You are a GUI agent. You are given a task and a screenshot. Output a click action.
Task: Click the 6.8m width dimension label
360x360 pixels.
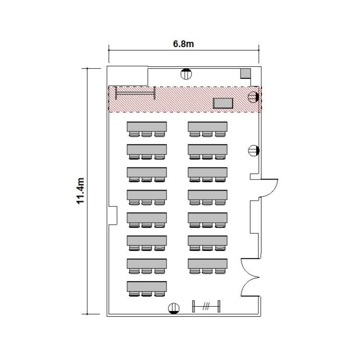[x=183, y=44]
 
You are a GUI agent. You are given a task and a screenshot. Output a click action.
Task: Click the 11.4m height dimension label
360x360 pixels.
[x=80, y=191]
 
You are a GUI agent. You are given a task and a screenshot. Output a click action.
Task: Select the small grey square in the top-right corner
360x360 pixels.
[x=245, y=73]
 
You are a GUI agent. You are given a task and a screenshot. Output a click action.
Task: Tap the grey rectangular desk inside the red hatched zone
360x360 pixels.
[x=223, y=103]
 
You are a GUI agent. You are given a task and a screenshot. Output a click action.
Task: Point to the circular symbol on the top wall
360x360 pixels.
[x=186, y=74]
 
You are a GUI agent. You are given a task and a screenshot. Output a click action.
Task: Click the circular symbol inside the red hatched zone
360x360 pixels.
[x=254, y=97]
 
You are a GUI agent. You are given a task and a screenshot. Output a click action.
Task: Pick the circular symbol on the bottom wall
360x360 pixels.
[x=174, y=308]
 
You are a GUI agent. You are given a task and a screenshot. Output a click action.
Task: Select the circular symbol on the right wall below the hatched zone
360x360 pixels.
[x=254, y=151]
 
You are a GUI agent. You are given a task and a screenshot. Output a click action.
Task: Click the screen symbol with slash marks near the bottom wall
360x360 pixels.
[x=206, y=306]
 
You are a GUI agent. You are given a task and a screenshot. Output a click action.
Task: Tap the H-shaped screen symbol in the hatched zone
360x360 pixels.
[x=135, y=93]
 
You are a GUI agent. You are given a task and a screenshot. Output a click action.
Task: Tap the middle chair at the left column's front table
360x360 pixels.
[x=146, y=134]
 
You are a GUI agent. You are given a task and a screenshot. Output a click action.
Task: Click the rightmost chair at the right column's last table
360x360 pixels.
[x=220, y=271]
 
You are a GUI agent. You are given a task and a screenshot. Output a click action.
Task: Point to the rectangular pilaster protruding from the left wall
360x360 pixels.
[x=112, y=216]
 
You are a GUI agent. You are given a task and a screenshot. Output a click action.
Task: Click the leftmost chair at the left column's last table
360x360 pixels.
[x=134, y=294]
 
